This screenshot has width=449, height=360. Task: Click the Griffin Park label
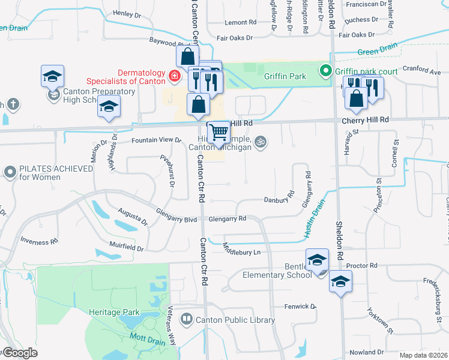tap(285, 76)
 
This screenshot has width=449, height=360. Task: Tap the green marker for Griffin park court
tap(326, 71)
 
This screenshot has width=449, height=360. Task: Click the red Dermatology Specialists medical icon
tap(174, 76)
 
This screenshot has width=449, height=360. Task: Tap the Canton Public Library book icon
tap(186, 319)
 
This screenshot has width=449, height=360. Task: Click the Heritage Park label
tap(114, 312)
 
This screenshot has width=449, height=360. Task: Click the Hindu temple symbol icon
tap(260, 142)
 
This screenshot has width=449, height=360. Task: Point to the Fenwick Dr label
tap(300, 307)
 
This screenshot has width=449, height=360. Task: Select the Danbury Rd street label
tap(279, 199)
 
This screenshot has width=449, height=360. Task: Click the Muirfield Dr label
tap(126, 247)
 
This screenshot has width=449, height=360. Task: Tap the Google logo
tap(19, 353)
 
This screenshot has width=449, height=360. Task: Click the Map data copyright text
tap(423, 355)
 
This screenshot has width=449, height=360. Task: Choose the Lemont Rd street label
tap(240, 23)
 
